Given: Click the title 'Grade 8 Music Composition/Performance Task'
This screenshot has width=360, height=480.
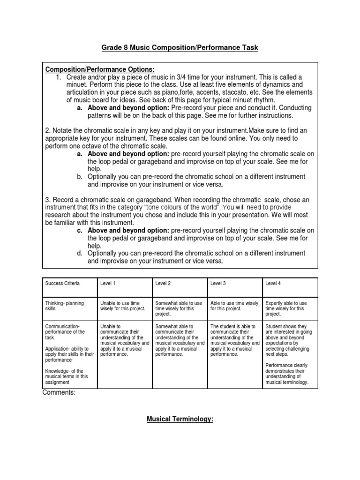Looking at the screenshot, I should pos(180,48).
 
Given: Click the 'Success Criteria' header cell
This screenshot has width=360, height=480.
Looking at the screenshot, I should pos(62,284).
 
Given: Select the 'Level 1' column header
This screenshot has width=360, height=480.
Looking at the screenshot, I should pos(108,284).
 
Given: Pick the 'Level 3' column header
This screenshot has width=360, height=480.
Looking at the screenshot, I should pos(218,284).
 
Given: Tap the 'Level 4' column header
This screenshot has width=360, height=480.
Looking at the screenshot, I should pos(273,284).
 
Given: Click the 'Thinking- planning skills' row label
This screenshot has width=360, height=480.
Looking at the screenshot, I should pos(65,306).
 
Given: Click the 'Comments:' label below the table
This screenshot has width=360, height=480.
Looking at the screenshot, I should pos(59,393).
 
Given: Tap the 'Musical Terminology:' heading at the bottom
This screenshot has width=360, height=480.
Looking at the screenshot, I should pos(180,420).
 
